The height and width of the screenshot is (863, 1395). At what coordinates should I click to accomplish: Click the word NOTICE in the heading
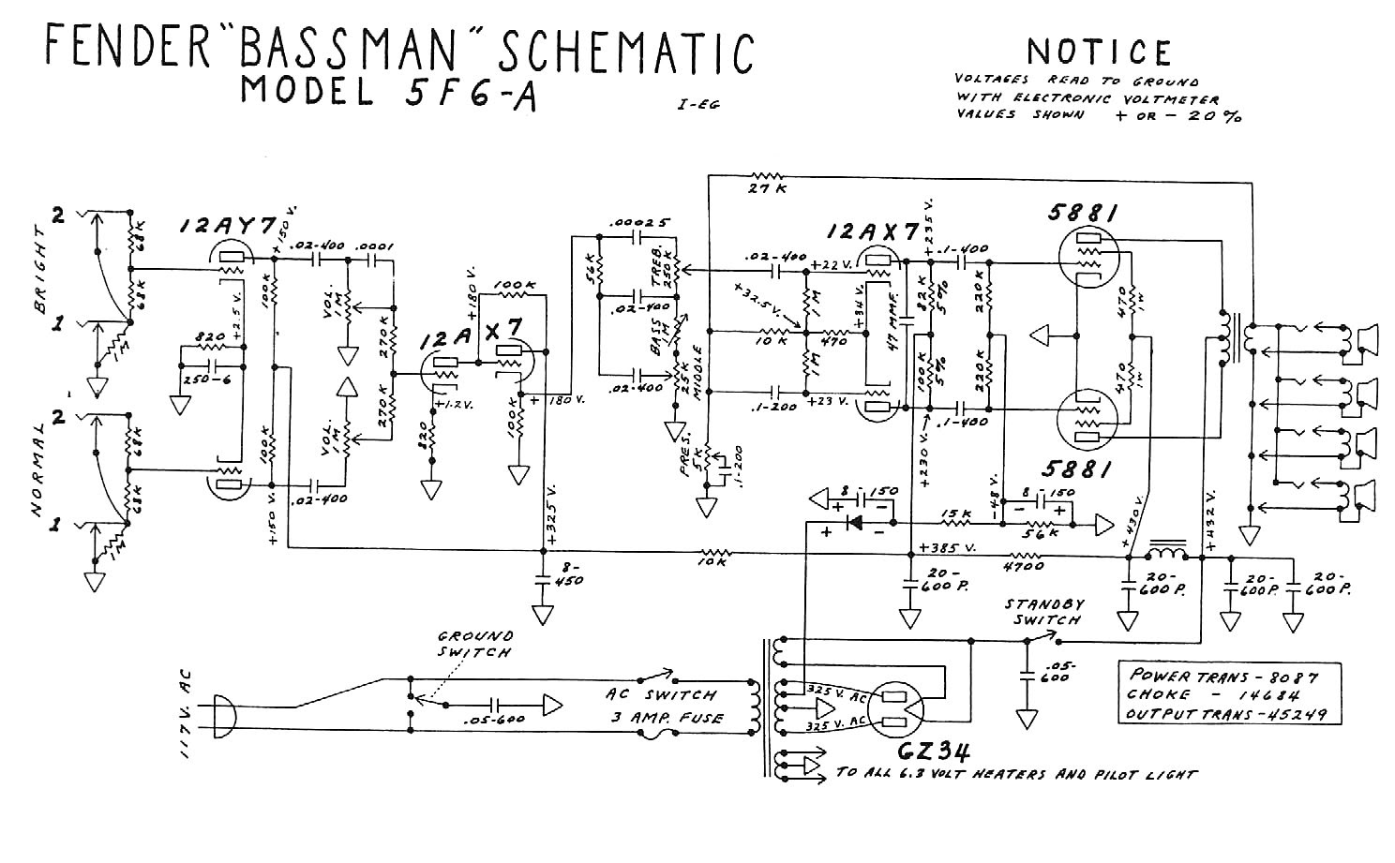[x=1099, y=52]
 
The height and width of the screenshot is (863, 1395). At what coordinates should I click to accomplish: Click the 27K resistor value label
[x=767, y=190]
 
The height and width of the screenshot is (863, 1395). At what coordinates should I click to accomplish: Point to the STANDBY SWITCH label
[x=1042, y=612]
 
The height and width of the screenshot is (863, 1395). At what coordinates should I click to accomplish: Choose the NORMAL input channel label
[x=38, y=469]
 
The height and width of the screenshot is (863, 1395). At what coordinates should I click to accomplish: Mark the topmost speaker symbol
[x=1361, y=339]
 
